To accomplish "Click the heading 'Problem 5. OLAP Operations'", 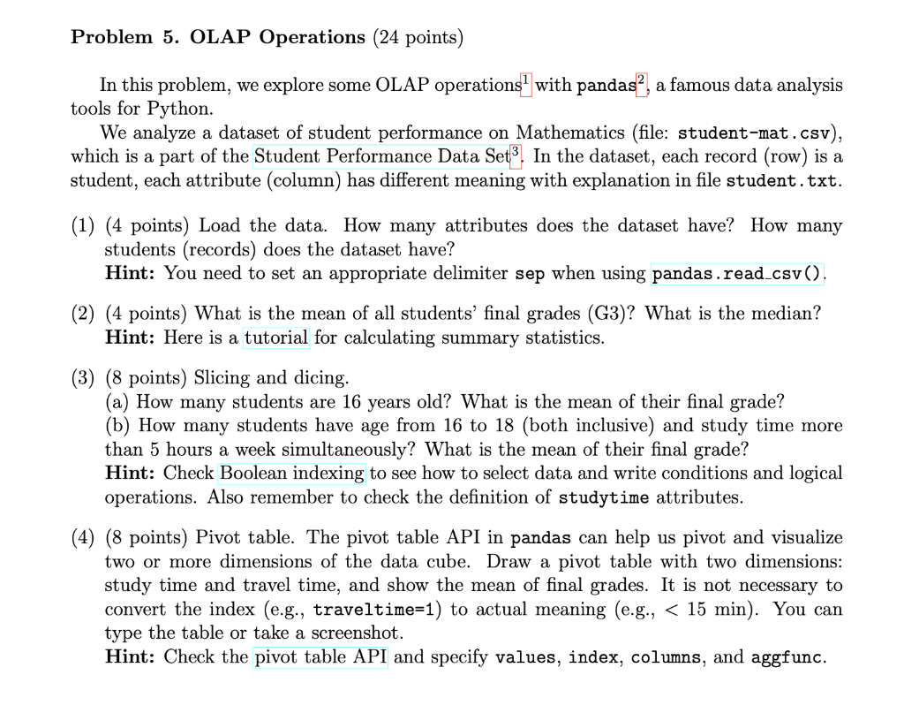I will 217,37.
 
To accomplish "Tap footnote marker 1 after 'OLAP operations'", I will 528,80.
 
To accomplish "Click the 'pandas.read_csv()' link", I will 737,274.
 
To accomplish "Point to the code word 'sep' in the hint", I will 531,274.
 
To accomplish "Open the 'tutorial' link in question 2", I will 276,338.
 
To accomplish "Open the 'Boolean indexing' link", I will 292,473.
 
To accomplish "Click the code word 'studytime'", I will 605,497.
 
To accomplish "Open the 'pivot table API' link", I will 320,657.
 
